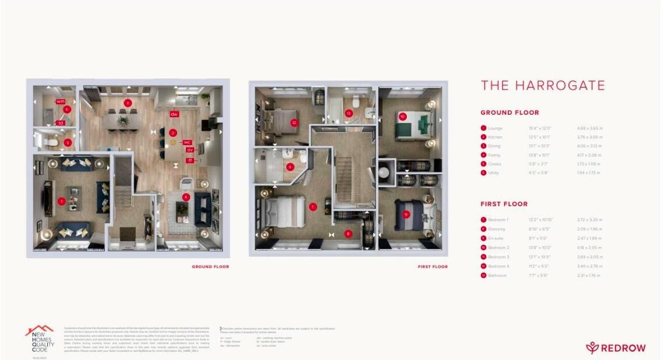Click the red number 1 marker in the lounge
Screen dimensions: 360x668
(62, 201)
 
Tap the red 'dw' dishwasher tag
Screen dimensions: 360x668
(174, 114)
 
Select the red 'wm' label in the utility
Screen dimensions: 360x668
(60, 101)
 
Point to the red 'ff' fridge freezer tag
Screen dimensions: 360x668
(190, 160)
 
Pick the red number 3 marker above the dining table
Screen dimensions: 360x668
(128, 103)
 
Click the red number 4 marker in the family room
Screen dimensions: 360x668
(186, 197)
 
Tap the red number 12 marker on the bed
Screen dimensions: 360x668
(294, 123)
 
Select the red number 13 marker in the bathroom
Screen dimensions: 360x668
(349, 113)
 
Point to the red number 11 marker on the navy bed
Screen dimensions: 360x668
(406, 214)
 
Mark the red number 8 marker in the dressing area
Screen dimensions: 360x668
(349, 234)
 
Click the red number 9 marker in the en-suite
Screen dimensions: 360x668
(290, 167)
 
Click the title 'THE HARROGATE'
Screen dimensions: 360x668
(543, 86)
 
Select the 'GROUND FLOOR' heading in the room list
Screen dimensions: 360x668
(509, 112)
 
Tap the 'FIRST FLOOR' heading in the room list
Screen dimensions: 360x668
(504, 204)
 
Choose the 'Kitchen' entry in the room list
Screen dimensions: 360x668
(495, 137)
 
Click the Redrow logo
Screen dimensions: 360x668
(616, 348)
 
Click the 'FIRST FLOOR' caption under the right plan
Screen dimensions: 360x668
(433, 267)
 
